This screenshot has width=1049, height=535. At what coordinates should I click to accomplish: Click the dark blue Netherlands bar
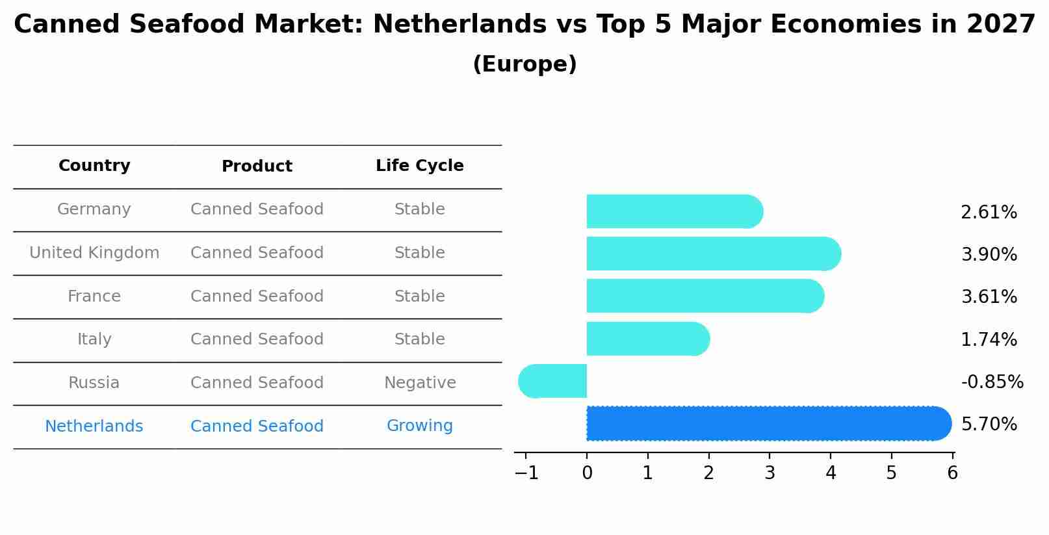[x=767, y=423]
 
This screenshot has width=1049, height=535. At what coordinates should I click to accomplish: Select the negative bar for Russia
[x=553, y=381]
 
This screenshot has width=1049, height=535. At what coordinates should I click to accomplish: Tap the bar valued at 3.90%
[x=712, y=254]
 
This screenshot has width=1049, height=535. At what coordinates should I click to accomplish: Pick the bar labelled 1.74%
[x=647, y=339]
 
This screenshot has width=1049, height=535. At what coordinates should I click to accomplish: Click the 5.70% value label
[x=989, y=424]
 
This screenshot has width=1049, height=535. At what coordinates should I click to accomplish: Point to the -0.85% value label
[x=992, y=382]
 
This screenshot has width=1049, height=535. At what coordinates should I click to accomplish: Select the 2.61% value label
[x=989, y=213]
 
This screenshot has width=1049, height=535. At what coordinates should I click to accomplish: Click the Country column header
[x=94, y=166]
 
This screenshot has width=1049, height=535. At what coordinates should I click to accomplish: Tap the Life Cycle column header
[x=419, y=166]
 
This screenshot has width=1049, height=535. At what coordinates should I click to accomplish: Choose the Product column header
[x=257, y=166]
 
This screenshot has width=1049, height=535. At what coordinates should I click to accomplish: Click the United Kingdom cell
[x=94, y=253]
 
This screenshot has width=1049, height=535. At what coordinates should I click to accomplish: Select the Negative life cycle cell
[x=420, y=383]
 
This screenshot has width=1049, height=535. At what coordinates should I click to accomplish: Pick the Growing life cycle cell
[x=419, y=426]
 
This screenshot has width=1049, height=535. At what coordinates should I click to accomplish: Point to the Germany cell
[x=94, y=209]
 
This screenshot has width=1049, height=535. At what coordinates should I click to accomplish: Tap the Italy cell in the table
[x=94, y=339]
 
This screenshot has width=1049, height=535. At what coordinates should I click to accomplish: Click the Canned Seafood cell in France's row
[x=257, y=296]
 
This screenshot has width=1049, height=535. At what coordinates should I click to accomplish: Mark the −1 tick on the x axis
[x=526, y=473]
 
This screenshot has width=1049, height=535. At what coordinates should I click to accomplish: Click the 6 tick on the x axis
[x=952, y=473]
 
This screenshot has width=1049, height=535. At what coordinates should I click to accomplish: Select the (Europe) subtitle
[x=524, y=64]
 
